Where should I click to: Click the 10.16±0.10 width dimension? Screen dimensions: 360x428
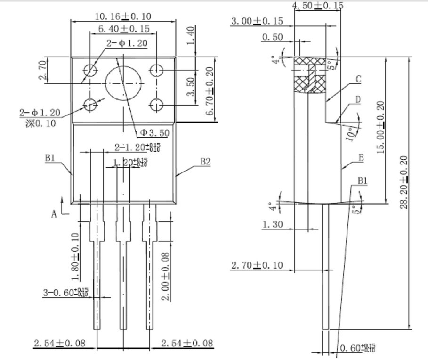coord(123,16)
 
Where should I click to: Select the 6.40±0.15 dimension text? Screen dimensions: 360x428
coord(124,29)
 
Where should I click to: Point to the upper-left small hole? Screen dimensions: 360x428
coord(90,71)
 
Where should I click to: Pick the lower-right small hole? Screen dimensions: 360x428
coord(156,104)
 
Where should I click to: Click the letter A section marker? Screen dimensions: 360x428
coord(54,213)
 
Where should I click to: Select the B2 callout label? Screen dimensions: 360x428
coord(205,162)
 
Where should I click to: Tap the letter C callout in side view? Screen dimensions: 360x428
coord(358,79)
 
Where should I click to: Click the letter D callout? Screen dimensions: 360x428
coord(358,99)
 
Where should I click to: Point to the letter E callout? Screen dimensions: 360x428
coord(361,158)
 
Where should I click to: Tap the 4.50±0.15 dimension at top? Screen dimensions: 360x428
coord(318,6)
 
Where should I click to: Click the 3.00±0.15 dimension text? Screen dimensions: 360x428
coord(257,21)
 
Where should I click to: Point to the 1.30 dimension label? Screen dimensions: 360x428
coord(273,224)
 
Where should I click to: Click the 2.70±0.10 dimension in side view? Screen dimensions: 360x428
coord(257,265)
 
